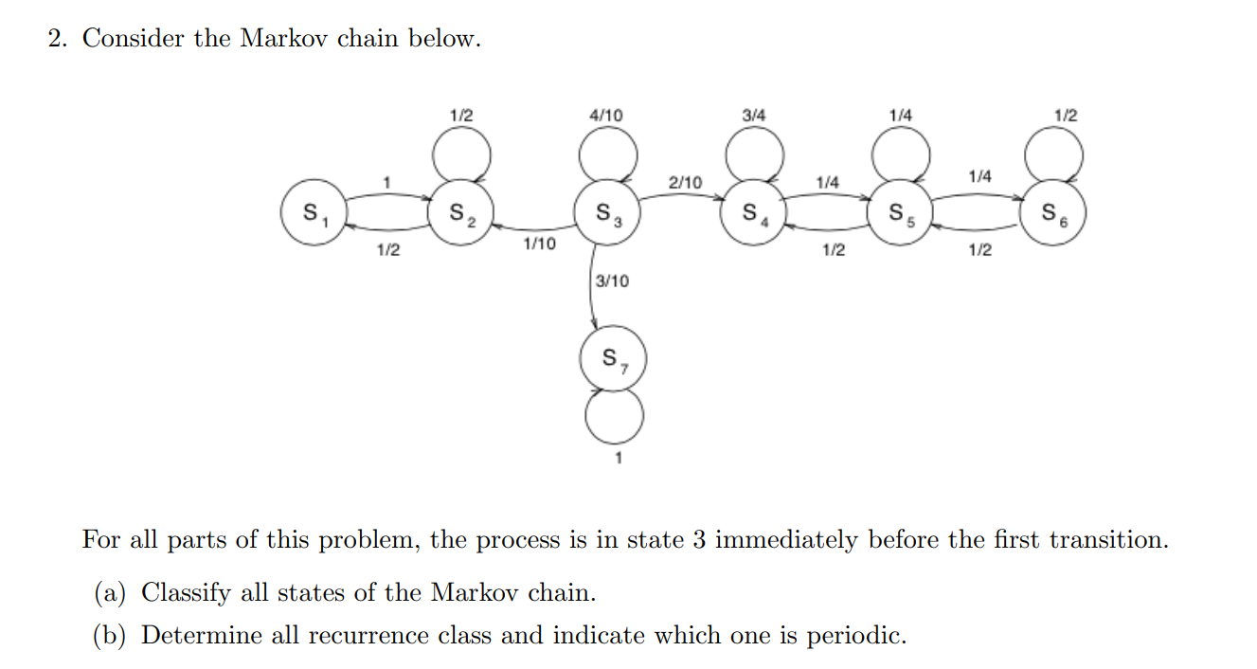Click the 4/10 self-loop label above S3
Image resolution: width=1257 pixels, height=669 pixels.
point(606,115)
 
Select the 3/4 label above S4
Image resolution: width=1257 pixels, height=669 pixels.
point(754,115)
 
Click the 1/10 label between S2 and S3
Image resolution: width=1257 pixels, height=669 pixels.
point(540,244)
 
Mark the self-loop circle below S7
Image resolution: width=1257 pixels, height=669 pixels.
point(614,416)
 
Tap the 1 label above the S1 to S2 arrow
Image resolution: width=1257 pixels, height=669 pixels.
point(386,181)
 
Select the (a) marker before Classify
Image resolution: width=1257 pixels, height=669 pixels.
point(114,593)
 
